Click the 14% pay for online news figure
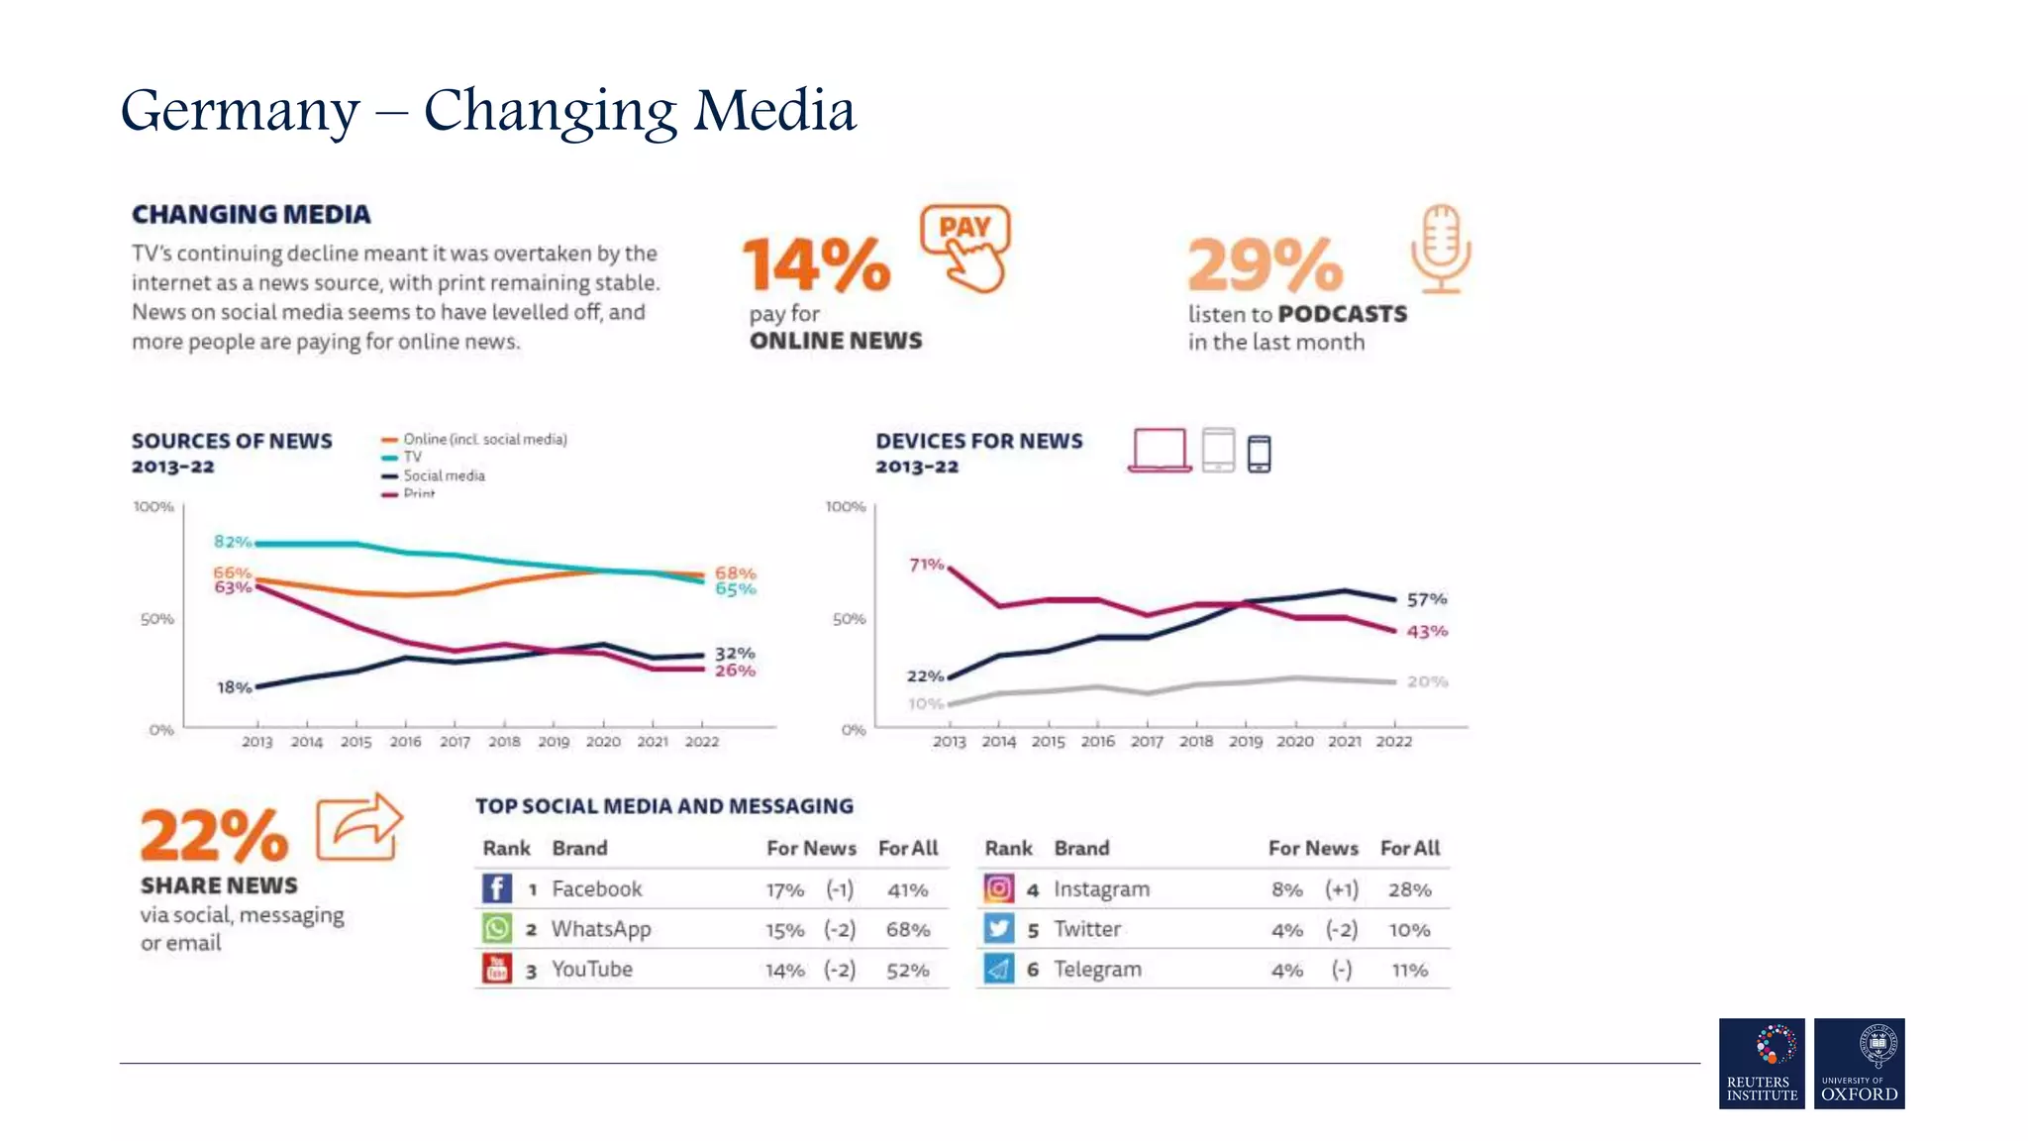[x=817, y=264]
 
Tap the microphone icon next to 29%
[x=1441, y=249]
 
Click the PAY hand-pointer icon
[x=966, y=248]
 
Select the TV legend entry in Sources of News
[x=411, y=457]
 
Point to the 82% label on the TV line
[x=232, y=542]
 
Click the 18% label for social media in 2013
[x=234, y=687]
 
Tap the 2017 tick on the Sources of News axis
[x=455, y=741]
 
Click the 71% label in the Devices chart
[x=926, y=565]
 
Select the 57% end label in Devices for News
[x=1426, y=599]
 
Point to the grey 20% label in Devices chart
[x=1427, y=681]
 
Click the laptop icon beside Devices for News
[x=1159, y=451]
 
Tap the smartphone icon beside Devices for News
[x=1259, y=454]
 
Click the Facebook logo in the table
[x=497, y=888]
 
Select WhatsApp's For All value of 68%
[x=907, y=930]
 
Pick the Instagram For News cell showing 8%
[x=1286, y=889]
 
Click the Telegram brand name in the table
[x=1097, y=970]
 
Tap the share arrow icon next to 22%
[x=359, y=827]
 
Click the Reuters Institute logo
[x=1762, y=1063]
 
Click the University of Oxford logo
[x=1859, y=1063]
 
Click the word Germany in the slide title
[x=240, y=111]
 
